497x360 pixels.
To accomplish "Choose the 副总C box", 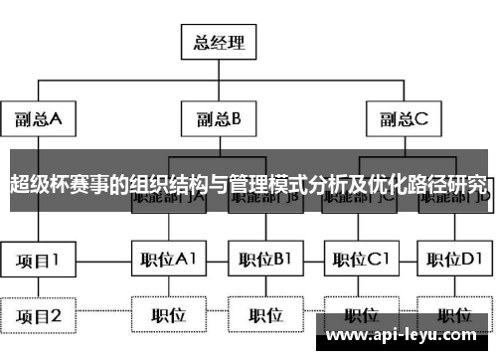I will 404,119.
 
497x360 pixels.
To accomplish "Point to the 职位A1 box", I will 168,261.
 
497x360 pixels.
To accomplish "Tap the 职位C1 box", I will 361,261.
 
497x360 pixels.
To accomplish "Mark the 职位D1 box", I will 454,261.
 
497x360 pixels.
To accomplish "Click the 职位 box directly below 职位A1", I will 168,316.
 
